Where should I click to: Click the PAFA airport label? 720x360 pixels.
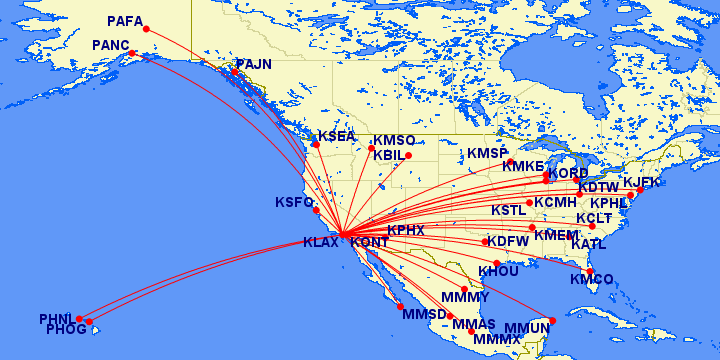pos(125,20)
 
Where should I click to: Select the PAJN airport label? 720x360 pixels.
pos(254,64)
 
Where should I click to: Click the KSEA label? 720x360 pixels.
pos(337,137)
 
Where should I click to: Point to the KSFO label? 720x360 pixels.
pos(294,203)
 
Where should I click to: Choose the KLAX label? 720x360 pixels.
pos(322,241)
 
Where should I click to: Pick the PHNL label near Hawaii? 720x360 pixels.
pos(57,319)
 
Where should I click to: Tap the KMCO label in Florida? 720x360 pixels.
pos(592,279)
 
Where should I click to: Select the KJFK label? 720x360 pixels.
pos(642,183)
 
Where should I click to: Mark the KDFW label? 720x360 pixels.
pos(508,241)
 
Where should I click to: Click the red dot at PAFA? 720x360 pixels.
pos(147,28)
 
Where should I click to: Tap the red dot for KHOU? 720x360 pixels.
pos(497,263)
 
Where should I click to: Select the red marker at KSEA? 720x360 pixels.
pos(316,145)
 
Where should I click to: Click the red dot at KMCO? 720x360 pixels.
pos(590,270)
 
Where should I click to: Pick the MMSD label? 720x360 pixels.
pos(422,314)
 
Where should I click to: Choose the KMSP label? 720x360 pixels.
pos(488,153)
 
